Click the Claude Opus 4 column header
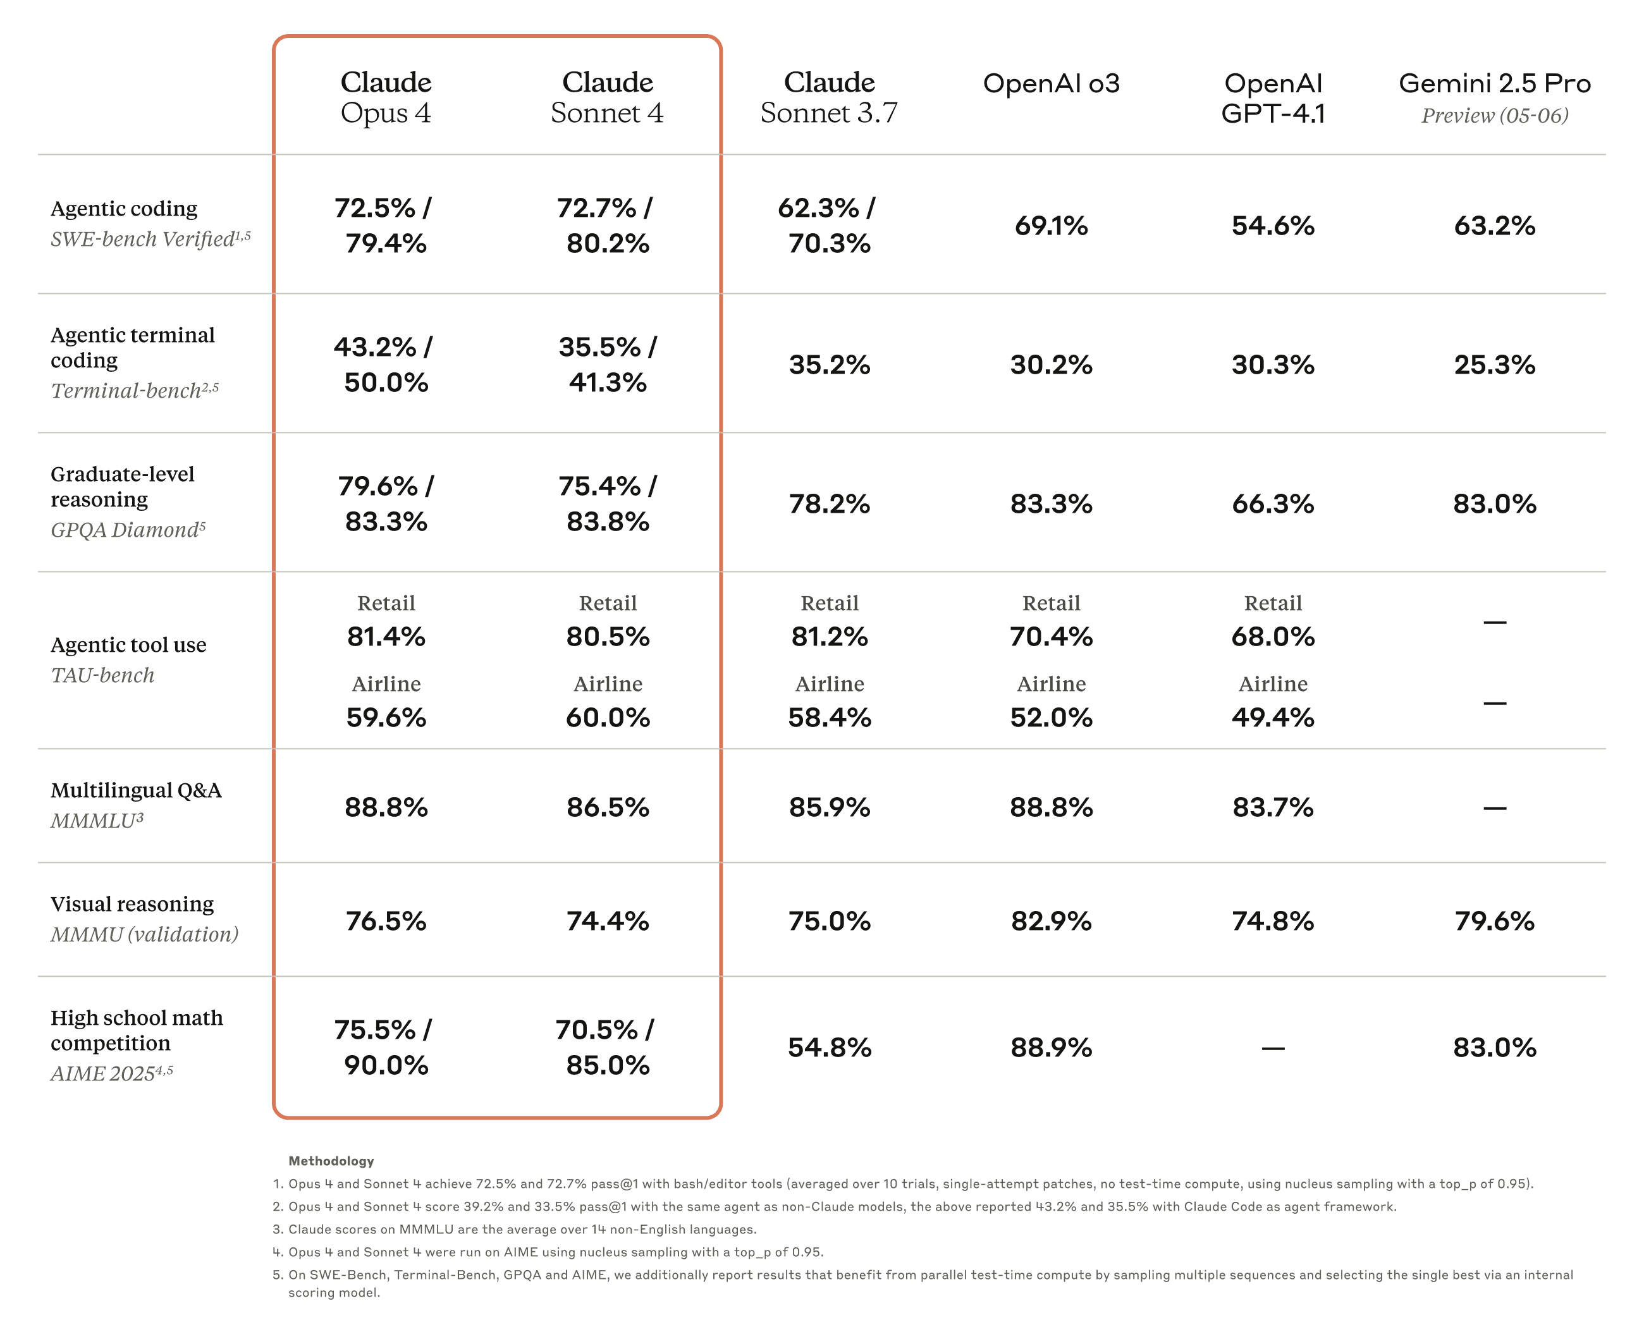386,97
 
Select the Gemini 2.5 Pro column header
1494,83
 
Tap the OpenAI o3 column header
1051,83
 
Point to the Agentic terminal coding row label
133,347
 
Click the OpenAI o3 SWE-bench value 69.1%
1051,225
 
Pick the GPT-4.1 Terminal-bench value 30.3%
1272,364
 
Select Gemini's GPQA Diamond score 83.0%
1494,504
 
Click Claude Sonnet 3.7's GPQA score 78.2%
830,504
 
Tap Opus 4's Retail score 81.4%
386,637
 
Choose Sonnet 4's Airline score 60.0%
607,718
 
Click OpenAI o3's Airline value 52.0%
1051,718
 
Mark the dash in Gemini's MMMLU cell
1494,807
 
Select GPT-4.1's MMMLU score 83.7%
1272,807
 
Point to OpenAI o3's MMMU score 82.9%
1051,920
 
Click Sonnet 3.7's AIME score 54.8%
830,1047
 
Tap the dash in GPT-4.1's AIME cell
1272,1048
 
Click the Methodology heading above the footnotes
331,1160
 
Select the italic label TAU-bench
102,675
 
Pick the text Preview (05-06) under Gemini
1494,116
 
